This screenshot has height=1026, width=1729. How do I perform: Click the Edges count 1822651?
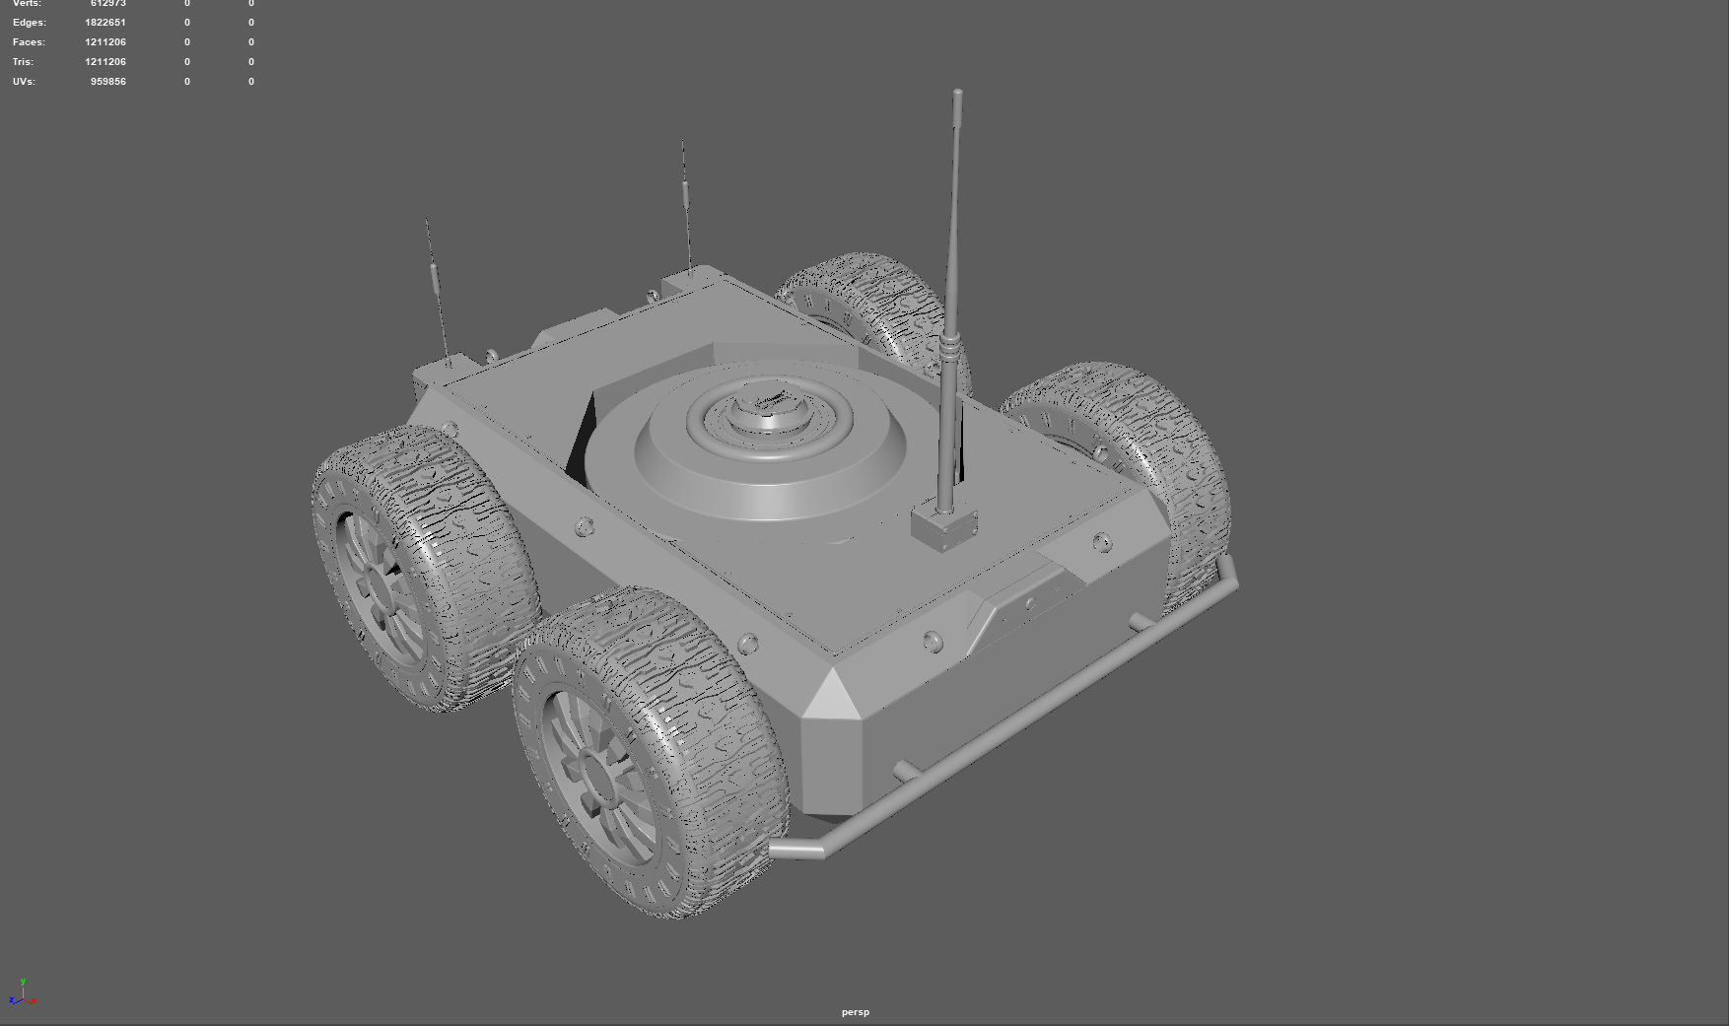[x=105, y=23]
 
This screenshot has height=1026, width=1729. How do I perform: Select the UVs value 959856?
[x=108, y=82]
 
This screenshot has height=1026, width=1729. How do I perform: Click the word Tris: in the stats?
[x=23, y=62]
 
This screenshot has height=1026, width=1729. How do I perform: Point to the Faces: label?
[x=29, y=42]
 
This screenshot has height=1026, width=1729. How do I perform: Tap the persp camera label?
[x=856, y=1012]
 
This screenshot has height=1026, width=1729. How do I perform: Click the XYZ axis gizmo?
[x=23, y=993]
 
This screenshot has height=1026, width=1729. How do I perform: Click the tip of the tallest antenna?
[x=958, y=94]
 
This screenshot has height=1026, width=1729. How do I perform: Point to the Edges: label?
[x=29, y=23]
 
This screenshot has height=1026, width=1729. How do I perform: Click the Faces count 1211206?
[x=105, y=42]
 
